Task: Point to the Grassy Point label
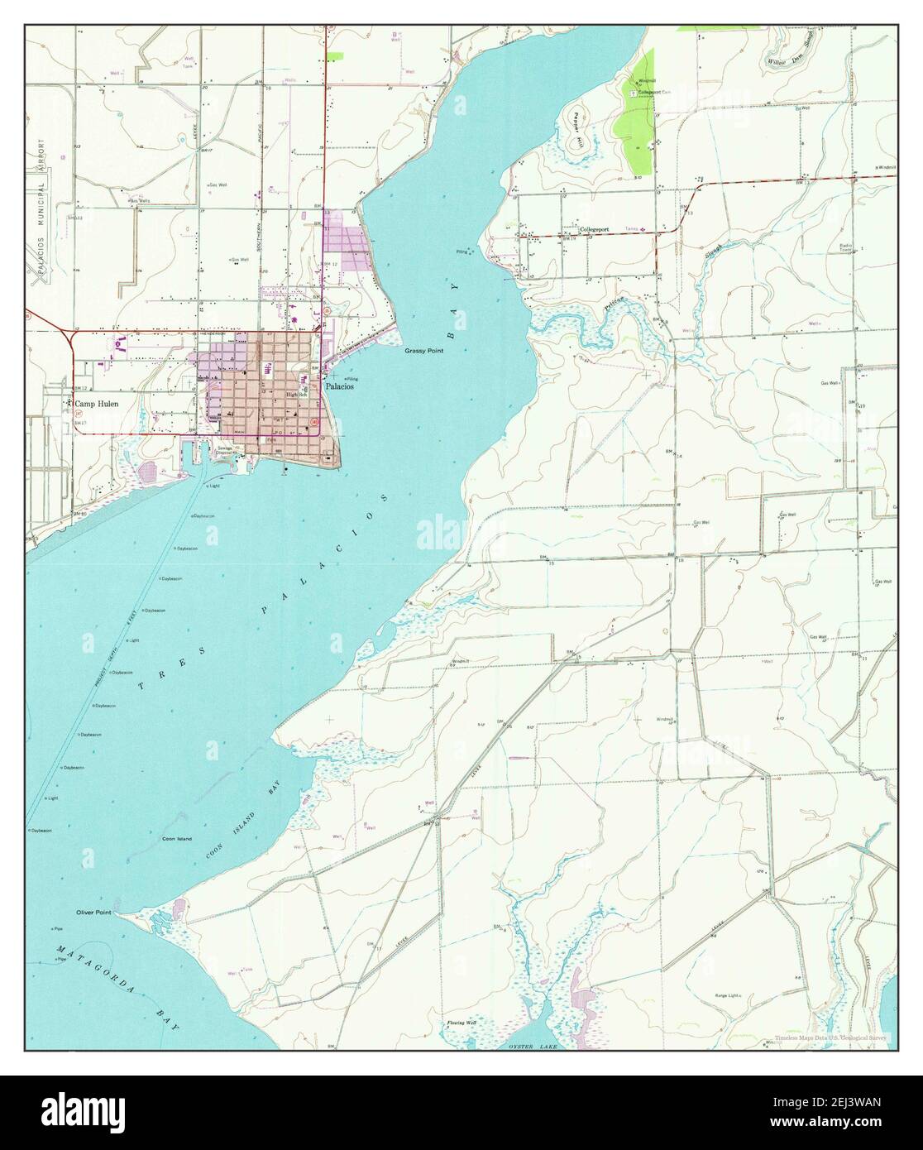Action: (x=423, y=351)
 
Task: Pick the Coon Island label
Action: (x=176, y=839)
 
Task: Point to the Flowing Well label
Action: (x=461, y=1023)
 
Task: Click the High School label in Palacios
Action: (x=296, y=395)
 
